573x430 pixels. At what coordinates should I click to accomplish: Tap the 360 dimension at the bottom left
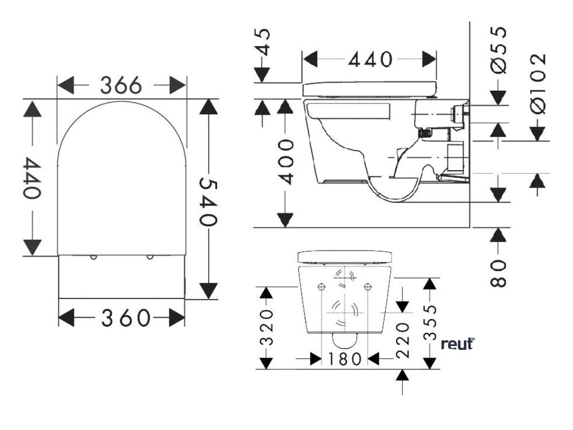click(126, 318)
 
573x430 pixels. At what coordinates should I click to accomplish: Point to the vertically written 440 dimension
click(32, 178)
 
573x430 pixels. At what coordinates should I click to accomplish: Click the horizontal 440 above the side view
click(370, 59)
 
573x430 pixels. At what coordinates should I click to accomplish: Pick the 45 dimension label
click(263, 42)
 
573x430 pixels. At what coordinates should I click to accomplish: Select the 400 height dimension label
click(286, 162)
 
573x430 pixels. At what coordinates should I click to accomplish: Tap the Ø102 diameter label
click(538, 84)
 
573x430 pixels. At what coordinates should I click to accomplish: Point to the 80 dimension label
click(499, 273)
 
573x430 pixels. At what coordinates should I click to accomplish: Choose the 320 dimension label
click(268, 326)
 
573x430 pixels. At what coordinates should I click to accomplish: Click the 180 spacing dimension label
click(346, 358)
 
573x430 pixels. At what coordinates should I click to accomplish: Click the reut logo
click(458, 343)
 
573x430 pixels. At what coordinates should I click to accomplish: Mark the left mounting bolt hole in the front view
click(321, 287)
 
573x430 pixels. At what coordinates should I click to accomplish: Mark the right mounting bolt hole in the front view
click(367, 287)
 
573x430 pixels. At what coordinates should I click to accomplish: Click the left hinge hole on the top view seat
click(93, 258)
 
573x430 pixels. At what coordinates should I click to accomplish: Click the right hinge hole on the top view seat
click(149, 258)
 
